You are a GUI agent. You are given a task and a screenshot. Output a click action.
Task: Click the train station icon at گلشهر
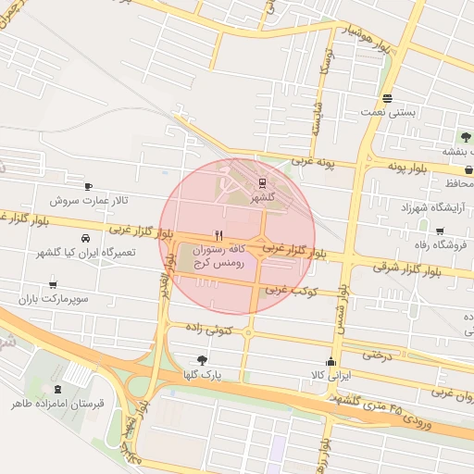[x=262, y=182]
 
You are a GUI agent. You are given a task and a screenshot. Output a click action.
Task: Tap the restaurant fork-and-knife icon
[x=218, y=235]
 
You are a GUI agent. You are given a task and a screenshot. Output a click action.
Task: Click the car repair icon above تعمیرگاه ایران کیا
[x=86, y=238]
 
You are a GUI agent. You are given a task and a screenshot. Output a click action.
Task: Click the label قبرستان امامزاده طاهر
[x=58, y=404]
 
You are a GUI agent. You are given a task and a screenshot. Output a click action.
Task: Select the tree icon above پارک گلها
[x=203, y=360]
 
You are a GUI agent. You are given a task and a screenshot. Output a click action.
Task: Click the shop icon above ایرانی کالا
[x=331, y=361]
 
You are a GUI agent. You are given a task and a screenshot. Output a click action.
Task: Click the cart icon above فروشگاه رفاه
[x=439, y=231]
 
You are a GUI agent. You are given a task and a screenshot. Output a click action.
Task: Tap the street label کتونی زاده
[x=206, y=329]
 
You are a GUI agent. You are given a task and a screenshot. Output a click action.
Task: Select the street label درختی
[x=377, y=354]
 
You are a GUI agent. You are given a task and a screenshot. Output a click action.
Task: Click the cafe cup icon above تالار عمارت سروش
[x=88, y=186]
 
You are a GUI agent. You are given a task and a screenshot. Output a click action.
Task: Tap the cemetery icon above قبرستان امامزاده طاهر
[x=58, y=389]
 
